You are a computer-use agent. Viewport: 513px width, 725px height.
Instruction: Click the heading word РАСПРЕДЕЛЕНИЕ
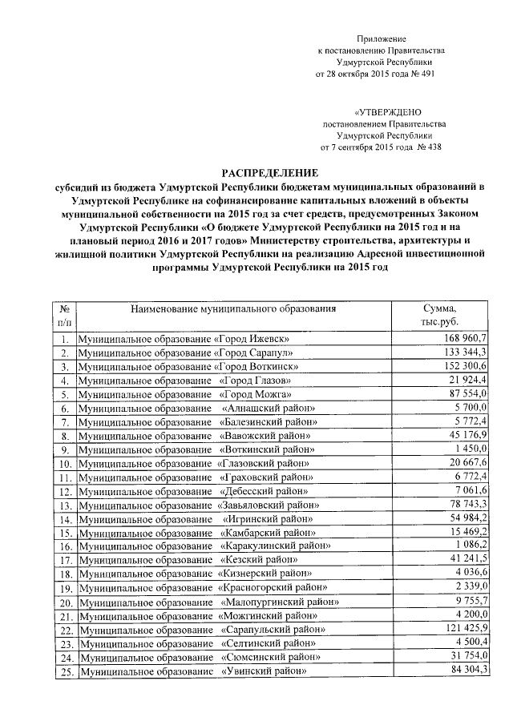pos(270,172)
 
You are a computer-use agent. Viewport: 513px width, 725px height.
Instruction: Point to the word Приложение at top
pos(382,38)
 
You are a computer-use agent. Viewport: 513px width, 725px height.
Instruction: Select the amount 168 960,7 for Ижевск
pos(466,338)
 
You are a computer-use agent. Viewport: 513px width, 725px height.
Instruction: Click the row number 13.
pos(63,505)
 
